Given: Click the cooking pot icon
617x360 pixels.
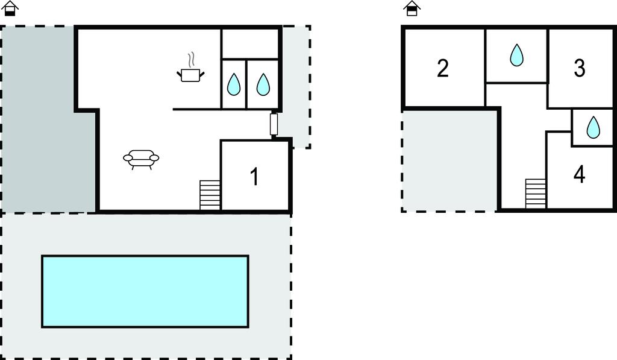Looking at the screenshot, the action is (x=191, y=74).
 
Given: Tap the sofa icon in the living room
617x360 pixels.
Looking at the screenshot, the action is (x=141, y=159).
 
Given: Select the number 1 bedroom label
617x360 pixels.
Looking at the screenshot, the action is (x=255, y=177).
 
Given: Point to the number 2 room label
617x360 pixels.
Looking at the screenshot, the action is (x=443, y=68).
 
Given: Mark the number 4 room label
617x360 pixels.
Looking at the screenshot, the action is (x=579, y=174).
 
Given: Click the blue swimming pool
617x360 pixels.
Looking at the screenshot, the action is (x=145, y=291).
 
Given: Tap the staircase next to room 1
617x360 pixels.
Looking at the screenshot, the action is (x=210, y=195).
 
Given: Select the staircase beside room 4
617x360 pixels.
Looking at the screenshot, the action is (x=536, y=194).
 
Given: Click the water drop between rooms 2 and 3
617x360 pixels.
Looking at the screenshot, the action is (x=516, y=55).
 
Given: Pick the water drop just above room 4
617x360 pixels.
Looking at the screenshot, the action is (x=593, y=127).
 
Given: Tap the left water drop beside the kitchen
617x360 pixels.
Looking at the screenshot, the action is (x=234, y=84).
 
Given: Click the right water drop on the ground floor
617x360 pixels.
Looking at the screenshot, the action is (x=263, y=84).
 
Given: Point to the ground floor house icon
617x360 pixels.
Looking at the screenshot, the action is (x=10, y=8).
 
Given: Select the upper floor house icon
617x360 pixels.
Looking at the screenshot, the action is (x=412, y=8).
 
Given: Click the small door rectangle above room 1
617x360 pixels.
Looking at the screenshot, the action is (x=274, y=124).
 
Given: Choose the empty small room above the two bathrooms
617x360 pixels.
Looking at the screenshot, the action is (x=250, y=44).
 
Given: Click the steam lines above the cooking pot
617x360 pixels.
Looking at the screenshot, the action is (x=191, y=60).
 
